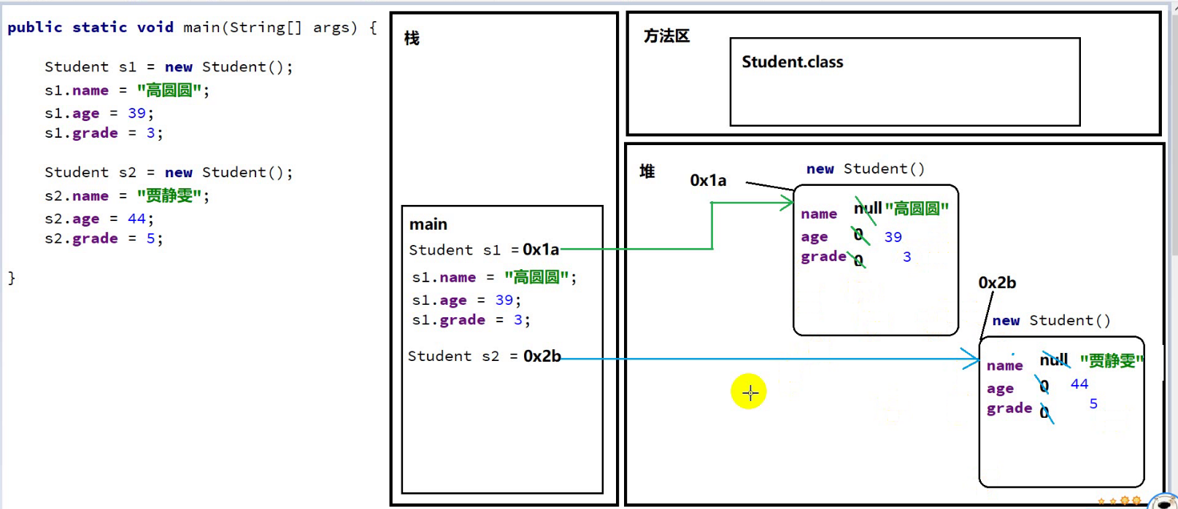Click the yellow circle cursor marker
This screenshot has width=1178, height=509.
pyautogui.click(x=749, y=392)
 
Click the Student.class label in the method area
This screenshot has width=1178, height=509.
pyautogui.click(x=792, y=62)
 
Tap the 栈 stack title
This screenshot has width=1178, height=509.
pyautogui.click(x=412, y=38)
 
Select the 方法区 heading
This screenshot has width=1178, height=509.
pyautogui.click(x=666, y=36)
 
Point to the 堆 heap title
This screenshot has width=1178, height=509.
pyautogui.click(x=647, y=171)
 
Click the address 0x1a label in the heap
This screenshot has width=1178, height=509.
pyautogui.click(x=708, y=180)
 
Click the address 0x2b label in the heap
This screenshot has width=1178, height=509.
pyautogui.click(x=997, y=282)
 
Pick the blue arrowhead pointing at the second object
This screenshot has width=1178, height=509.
pyautogui.click(x=971, y=359)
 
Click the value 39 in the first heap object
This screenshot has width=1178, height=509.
pyautogui.click(x=893, y=237)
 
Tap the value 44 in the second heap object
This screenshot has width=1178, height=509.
pyautogui.click(x=1079, y=384)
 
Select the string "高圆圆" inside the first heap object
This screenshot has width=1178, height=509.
pyautogui.click(x=917, y=209)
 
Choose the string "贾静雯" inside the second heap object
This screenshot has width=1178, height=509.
pyautogui.click(x=1111, y=361)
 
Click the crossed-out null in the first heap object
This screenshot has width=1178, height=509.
pyautogui.click(x=868, y=209)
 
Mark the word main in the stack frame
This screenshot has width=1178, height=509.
pyautogui.click(x=428, y=224)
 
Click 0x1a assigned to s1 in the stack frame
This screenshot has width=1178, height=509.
pyautogui.click(x=541, y=249)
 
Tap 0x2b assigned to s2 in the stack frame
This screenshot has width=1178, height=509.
pyautogui.click(x=542, y=356)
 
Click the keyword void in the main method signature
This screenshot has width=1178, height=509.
pyautogui.click(x=155, y=27)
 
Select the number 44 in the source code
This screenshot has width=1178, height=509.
pyautogui.click(x=136, y=218)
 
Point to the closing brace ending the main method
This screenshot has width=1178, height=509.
pyautogui.click(x=11, y=277)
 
